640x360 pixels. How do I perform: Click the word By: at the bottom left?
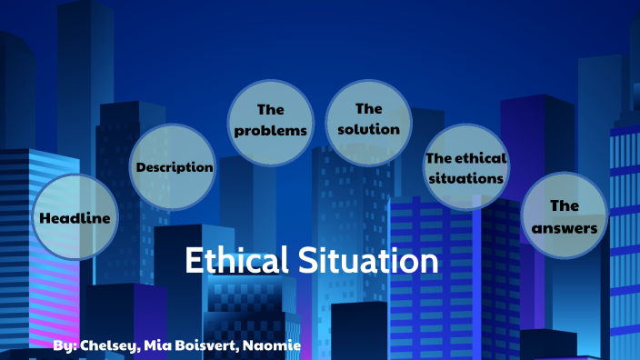(65, 346)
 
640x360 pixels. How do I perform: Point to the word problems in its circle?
(271, 131)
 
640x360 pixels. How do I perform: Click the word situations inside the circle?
(465, 178)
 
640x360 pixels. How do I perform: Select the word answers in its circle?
(565, 228)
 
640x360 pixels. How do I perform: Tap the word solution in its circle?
(368, 129)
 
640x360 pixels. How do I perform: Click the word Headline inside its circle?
(76, 218)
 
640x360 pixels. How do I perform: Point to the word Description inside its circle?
(175, 167)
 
